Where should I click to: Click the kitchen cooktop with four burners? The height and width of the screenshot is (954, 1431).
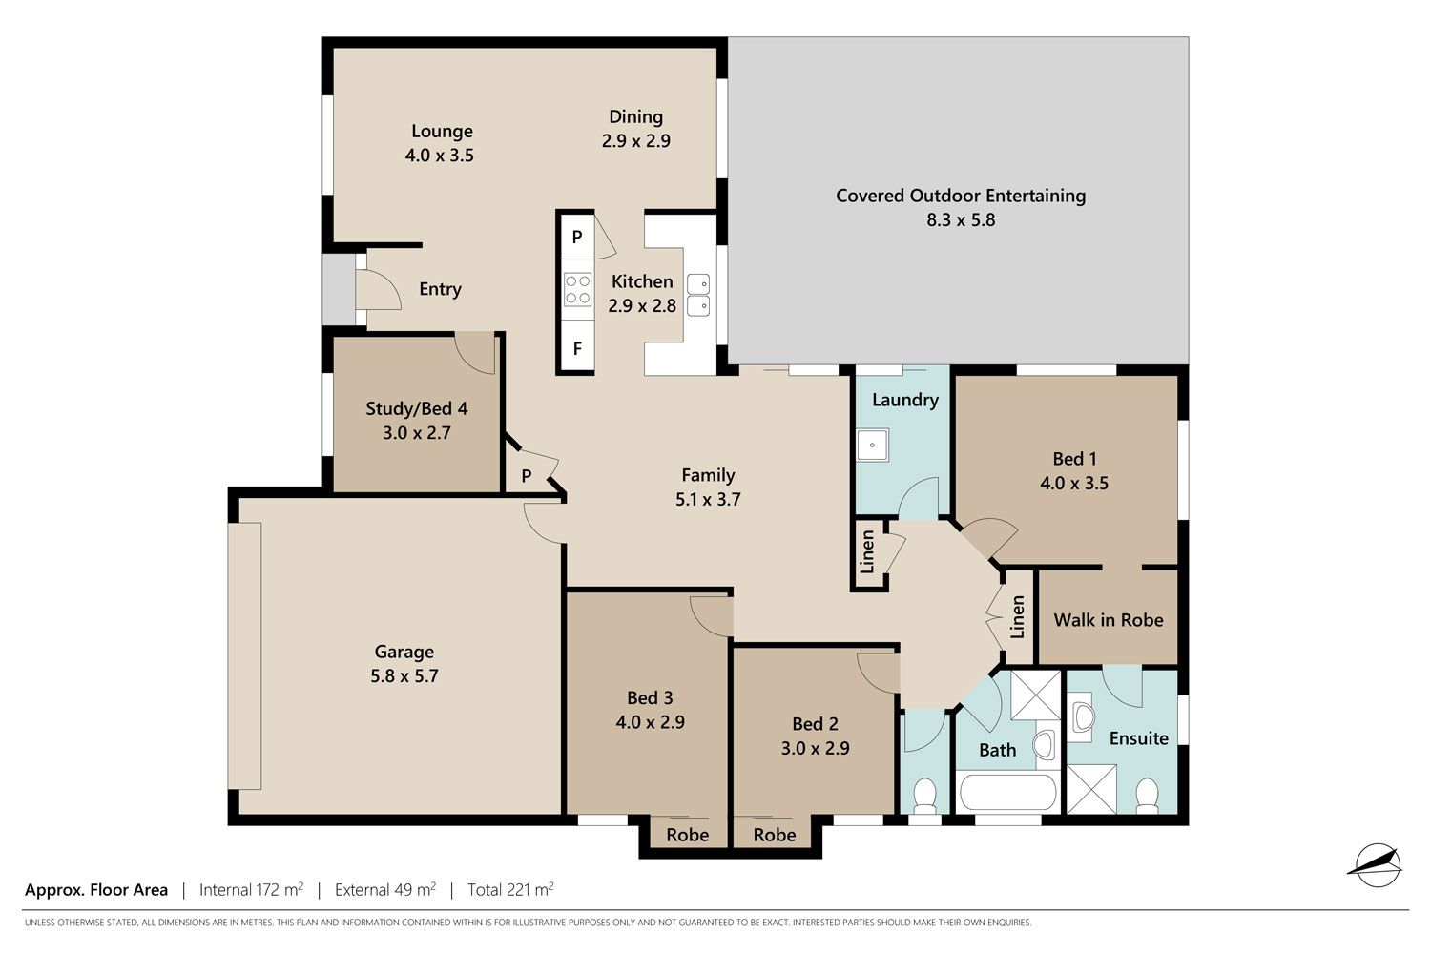click(x=577, y=289)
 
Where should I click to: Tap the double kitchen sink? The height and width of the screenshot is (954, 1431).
click(x=698, y=295)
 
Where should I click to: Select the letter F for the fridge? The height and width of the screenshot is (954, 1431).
click(x=577, y=348)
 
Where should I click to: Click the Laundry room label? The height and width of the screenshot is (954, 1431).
click(x=905, y=400)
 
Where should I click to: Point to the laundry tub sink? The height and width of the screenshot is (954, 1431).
click(x=872, y=445)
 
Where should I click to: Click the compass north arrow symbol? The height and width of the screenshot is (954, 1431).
click(x=1378, y=865)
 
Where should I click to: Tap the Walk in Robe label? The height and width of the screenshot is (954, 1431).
click(x=1109, y=620)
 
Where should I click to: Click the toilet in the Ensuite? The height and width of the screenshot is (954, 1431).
click(x=1148, y=795)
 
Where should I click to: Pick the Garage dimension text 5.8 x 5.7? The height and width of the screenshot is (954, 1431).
click(x=404, y=676)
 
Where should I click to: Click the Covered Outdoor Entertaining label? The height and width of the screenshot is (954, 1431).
click(x=961, y=196)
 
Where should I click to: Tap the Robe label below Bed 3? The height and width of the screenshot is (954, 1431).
click(x=688, y=835)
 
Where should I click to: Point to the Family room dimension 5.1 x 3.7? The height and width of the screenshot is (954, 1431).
click(x=708, y=499)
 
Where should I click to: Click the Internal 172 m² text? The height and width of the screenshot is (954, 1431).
click(x=251, y=889)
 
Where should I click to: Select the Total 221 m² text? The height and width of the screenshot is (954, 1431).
click(x=510, y=889)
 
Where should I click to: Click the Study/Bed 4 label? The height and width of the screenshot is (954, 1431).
click(x=417, y=408)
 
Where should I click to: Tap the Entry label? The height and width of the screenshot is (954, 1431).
click(x=440, y=289)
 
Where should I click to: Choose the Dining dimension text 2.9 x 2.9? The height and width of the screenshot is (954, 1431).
click(x=635, y=140)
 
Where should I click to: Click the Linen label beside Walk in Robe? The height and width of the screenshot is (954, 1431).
click(x=1018, y=617)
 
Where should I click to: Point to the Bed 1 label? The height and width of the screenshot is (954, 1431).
click(x=1074, y=459)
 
